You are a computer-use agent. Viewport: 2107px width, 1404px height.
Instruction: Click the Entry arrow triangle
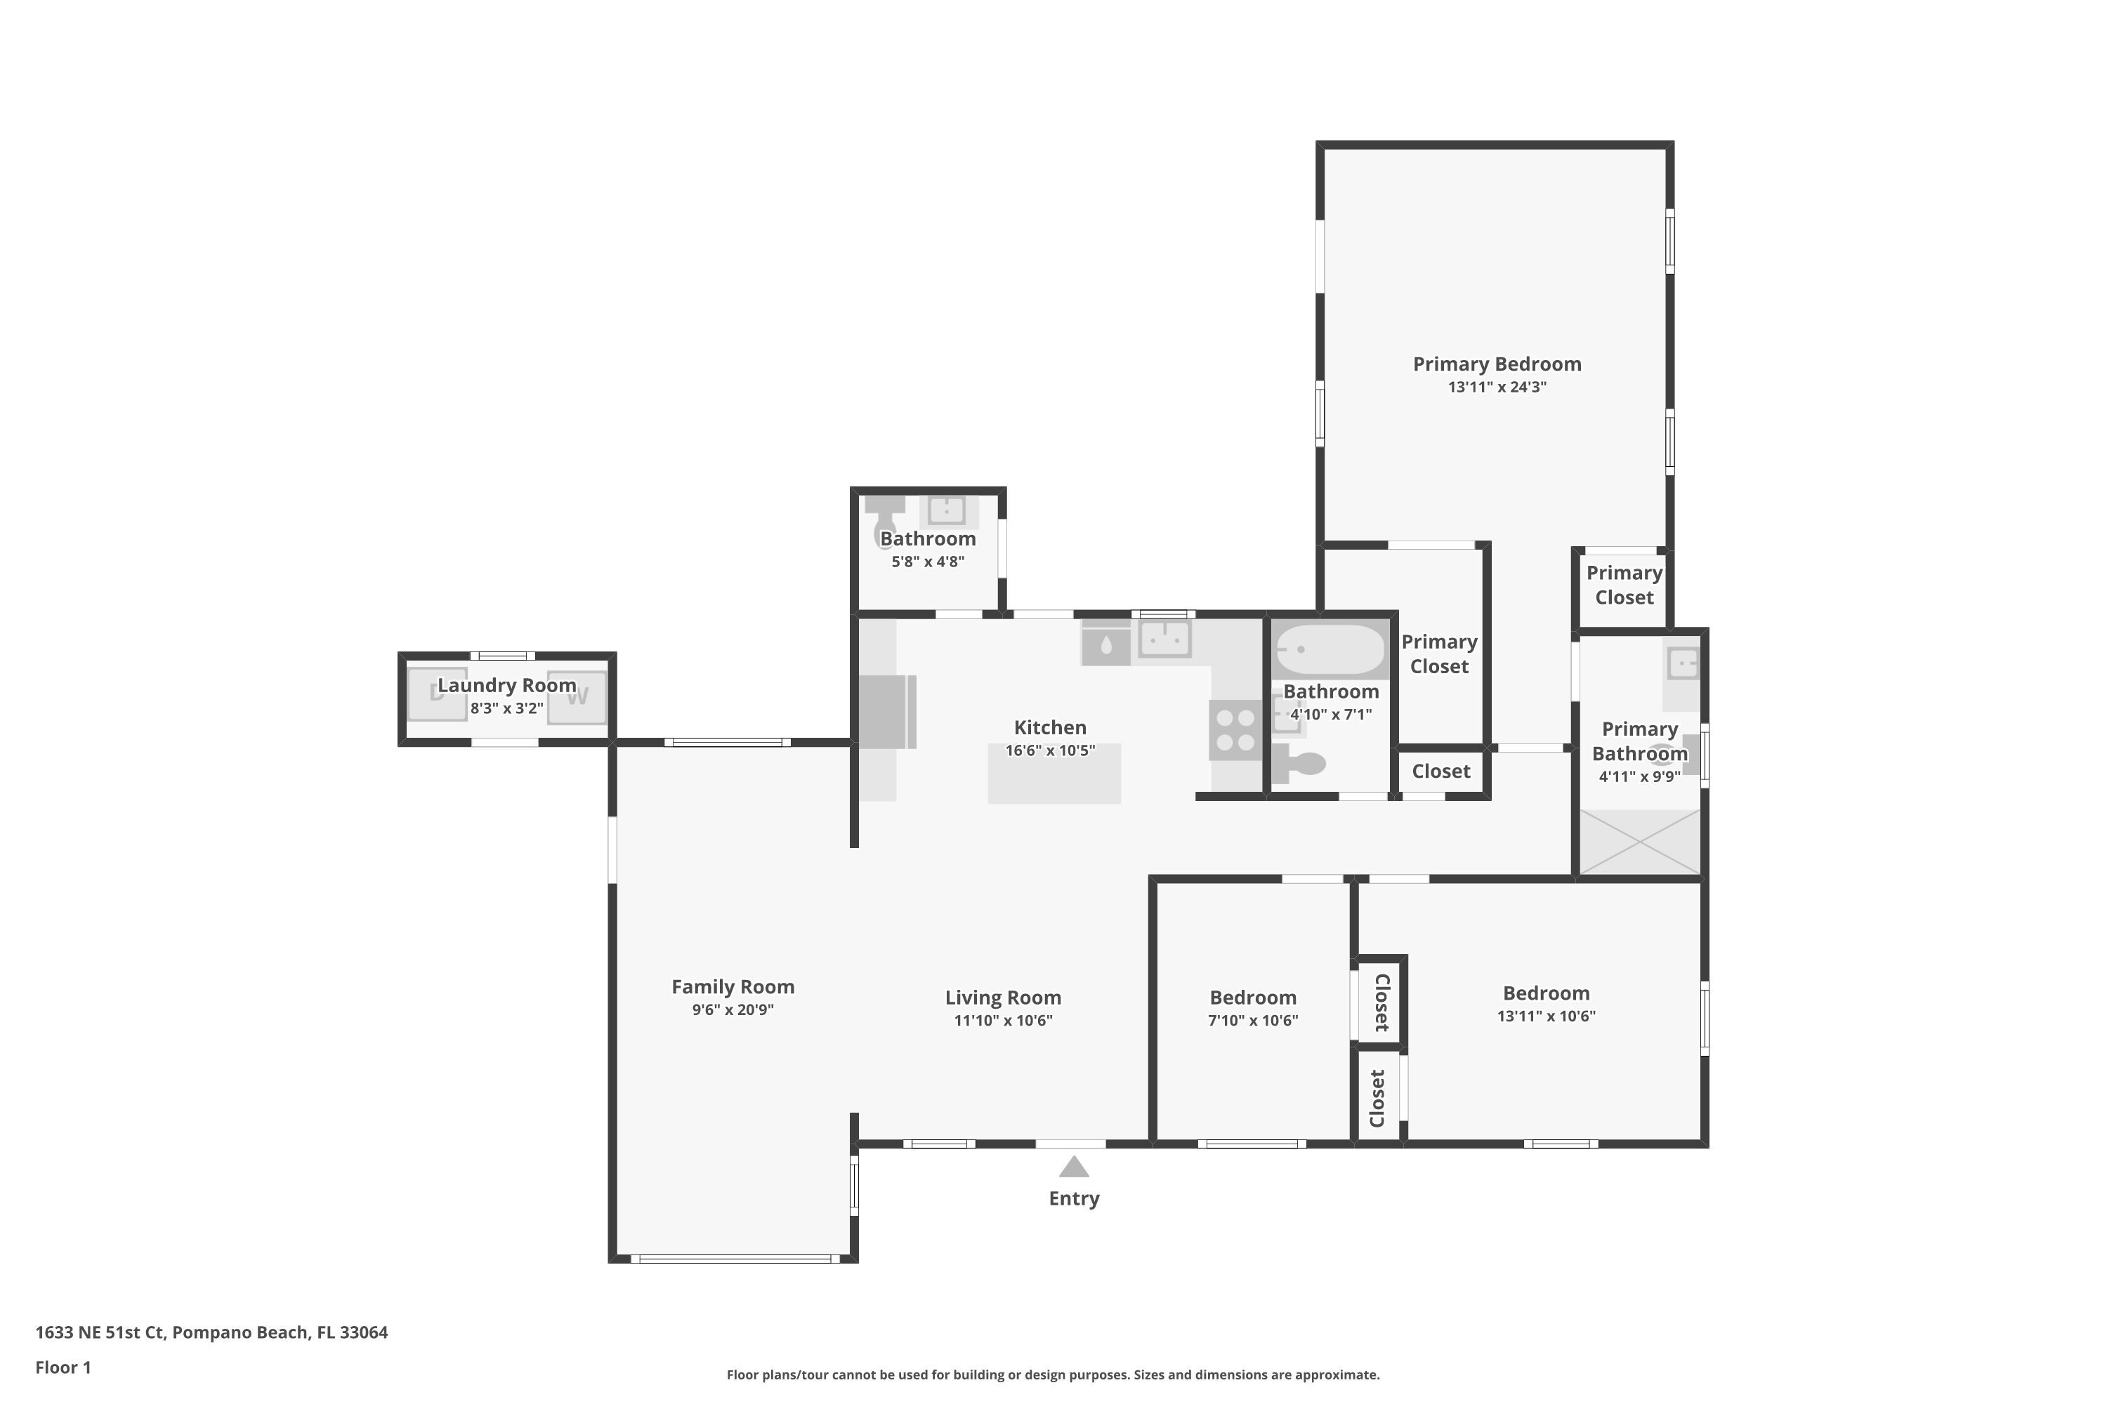1074,1167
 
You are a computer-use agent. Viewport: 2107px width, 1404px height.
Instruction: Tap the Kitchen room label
1050,728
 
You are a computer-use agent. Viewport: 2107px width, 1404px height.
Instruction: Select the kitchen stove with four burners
1235,731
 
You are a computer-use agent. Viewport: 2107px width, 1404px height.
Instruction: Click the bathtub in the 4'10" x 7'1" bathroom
1330,649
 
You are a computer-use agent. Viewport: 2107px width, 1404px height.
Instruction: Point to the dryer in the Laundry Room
437,694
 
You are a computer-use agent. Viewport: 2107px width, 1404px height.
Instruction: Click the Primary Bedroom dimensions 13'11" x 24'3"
1497,387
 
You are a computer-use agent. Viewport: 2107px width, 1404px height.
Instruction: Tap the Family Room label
733,987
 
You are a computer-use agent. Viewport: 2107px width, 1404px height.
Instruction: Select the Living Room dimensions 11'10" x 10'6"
1004,1020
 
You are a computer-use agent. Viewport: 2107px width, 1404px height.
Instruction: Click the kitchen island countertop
1054,774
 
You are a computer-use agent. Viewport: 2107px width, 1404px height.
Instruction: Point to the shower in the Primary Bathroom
1639,842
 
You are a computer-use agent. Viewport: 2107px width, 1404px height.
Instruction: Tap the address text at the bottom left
211,1332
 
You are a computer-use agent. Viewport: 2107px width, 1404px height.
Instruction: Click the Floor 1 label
64,1367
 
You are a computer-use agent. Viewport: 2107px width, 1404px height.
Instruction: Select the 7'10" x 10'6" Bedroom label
1252,998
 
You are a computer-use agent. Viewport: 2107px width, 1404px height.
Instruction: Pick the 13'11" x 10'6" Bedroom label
1547,993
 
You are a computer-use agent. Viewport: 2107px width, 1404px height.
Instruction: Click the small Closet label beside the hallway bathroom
1440,771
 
